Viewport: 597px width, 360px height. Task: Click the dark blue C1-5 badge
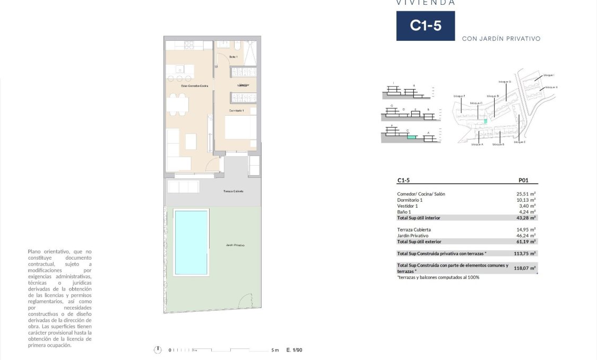[425, 25]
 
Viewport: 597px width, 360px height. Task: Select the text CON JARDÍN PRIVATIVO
[501, 39]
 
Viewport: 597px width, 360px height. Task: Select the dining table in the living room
[178, 104]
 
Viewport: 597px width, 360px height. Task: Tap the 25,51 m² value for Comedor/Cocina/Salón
[525, 194]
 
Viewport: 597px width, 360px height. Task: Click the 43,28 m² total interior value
[525, 218]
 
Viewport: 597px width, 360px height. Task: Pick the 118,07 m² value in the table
[525, 268]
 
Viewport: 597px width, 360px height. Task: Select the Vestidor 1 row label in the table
[408, 206]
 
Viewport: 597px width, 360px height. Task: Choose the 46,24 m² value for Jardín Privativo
[525, 235]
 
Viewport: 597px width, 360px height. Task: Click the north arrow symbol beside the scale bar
[157, 350]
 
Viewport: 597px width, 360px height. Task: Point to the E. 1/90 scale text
[294, 350]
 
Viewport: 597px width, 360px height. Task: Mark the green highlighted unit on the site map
[485, 121]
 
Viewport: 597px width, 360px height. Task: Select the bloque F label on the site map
[460, 96]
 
